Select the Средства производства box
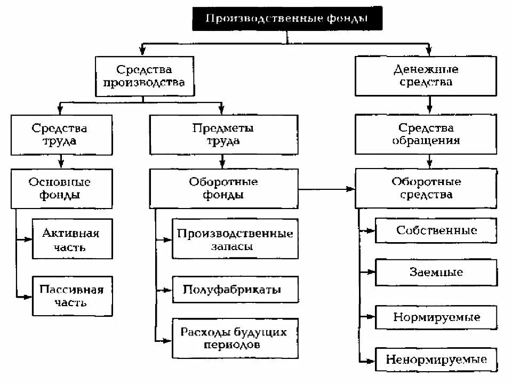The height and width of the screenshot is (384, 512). tap(143, 76)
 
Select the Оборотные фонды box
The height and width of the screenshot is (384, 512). tap(223, 188)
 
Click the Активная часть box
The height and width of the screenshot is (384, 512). tap(72, 239)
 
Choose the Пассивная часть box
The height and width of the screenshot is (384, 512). tap(72, 295)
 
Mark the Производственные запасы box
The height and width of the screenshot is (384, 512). tap(235, 240)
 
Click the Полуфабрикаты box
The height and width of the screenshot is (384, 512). tap(235, 290)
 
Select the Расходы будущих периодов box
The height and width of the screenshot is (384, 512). tap(235, 338)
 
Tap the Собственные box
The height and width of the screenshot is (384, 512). tap(436, 230)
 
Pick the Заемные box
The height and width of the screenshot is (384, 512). tap(436, 272)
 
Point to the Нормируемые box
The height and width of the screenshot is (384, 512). tap(436, 317)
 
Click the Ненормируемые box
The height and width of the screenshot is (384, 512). tap(436, 359)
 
